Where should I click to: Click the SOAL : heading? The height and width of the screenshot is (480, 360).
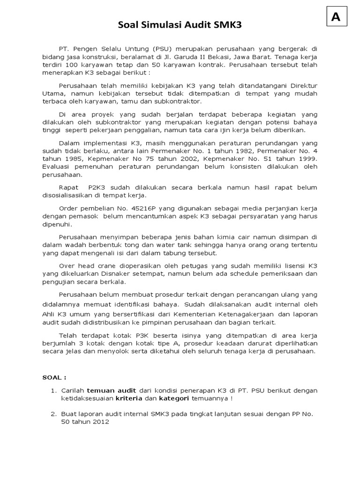click(55, 377)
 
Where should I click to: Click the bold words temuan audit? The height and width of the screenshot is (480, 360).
click(108, 390)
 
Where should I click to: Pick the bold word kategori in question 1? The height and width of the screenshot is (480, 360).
click(173, 398)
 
